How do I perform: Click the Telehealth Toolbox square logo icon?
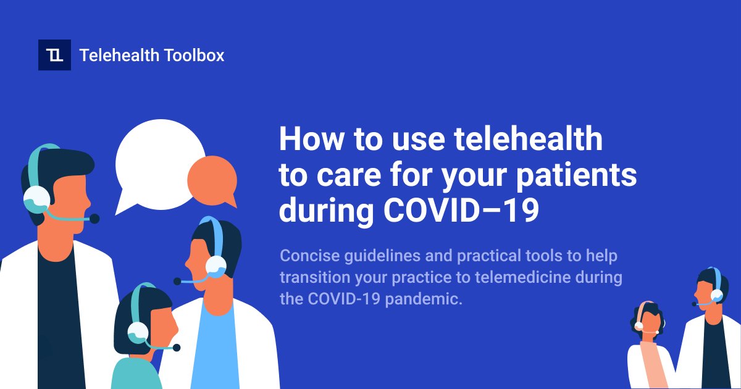tap(54, 55)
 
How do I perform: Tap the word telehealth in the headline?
tap(529, 139)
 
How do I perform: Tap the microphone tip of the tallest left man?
tap(94, 218)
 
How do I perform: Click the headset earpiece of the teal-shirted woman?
tap(137, 332)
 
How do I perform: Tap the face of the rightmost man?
tap(706, 293)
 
